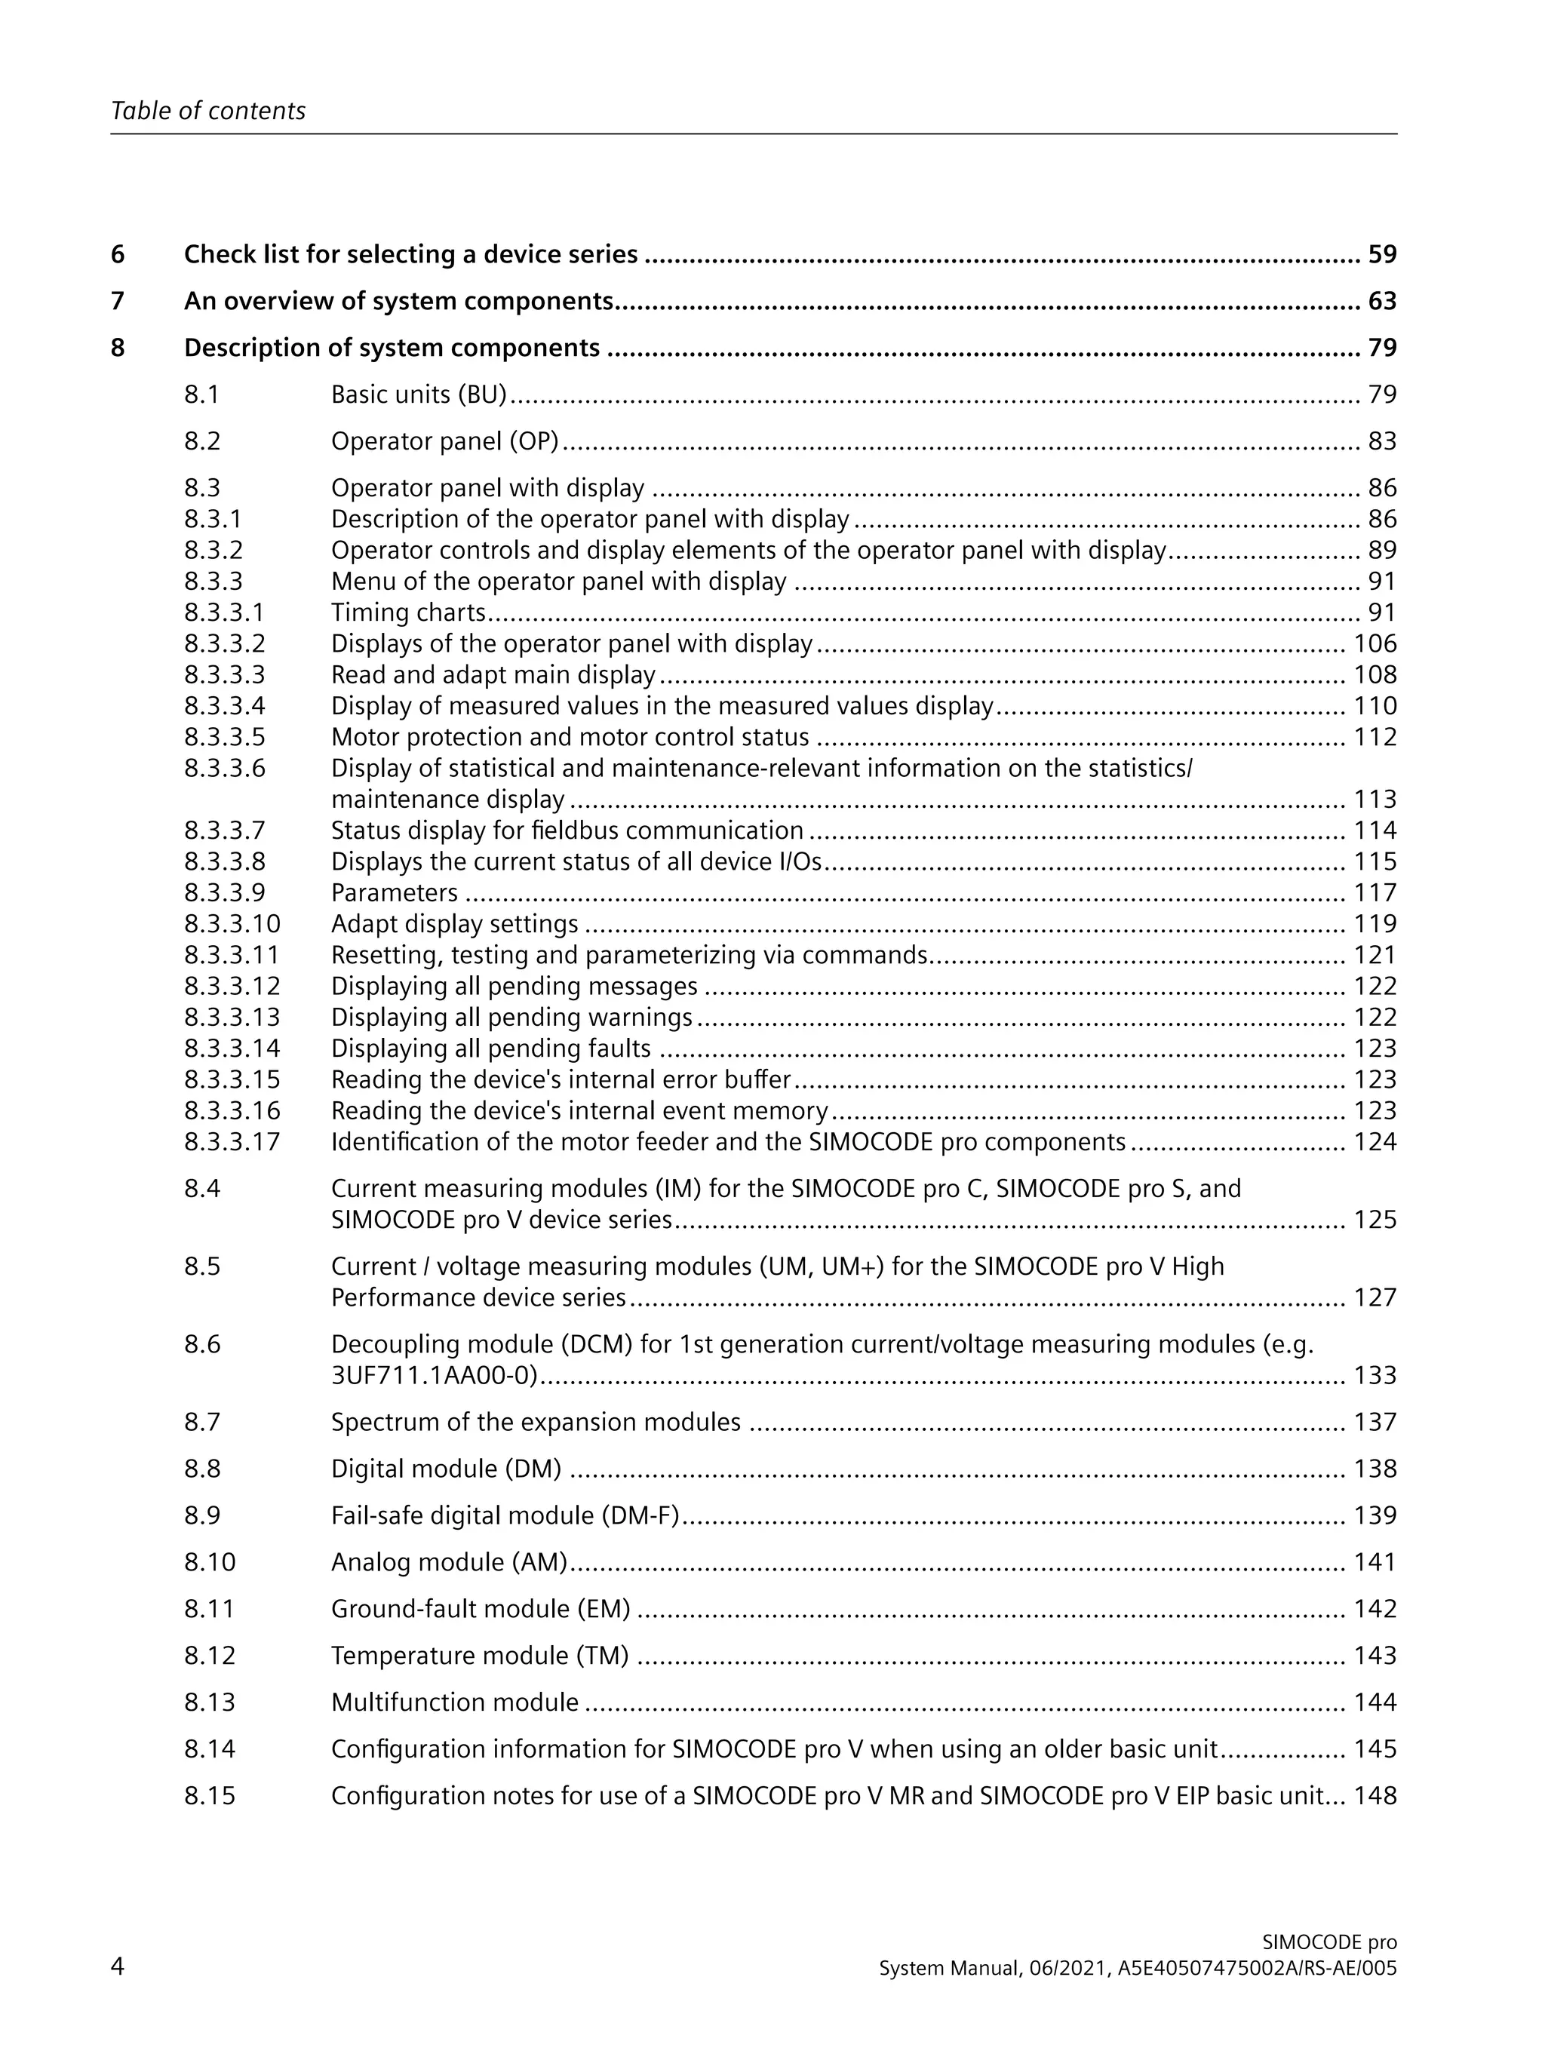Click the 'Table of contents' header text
coord(207,111)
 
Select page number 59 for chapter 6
coord(1382,254)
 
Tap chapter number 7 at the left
coord(118,301)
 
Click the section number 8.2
coord(202,441)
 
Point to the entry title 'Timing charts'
coord(408,612)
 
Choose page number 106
coord(1375,643)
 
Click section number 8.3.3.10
coord(232,924)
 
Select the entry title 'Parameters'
coord(394,892)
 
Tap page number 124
coord(1375,1142)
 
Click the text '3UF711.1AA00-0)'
coord(434,1376)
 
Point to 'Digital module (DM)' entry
coord(446,1469)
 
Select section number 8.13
coord(210,1702)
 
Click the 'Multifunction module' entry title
coord(454,1702)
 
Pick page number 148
coord(1375,1795)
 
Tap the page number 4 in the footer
coord(118,1966)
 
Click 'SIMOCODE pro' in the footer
coord(1329,1942)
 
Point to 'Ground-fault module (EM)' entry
coord(481,1608)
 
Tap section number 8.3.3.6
coord(225,769)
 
